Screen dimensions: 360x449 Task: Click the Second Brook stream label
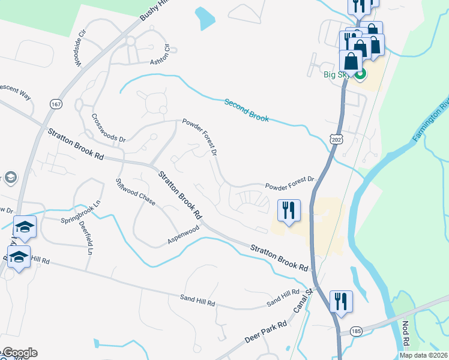tap(246, 110)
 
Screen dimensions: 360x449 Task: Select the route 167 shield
tap(56, 104)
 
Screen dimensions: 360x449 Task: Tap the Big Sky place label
tap(337, 75)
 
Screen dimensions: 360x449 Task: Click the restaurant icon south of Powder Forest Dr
tap(288, 211)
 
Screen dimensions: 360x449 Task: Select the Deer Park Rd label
tap(265, 331)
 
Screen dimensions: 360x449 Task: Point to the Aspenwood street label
tap(183, 236)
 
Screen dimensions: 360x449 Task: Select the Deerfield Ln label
tap(85, 238)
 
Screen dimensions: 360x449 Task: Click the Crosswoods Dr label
tap(108, 128)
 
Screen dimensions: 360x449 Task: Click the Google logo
tap(19, 353)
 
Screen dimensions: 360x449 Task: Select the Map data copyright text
tap(424, 355)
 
